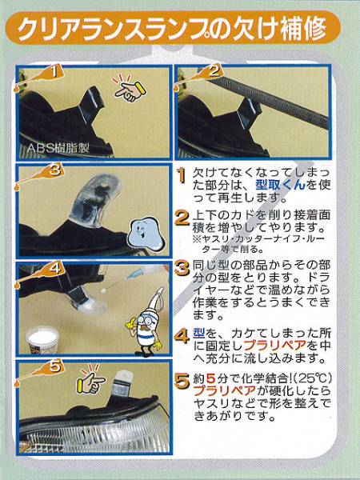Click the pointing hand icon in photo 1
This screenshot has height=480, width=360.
coord(129,89)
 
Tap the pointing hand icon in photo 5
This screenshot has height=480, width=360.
coord(91,379)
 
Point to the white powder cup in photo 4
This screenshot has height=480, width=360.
coord(42,339)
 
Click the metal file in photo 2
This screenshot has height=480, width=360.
coord(266,98)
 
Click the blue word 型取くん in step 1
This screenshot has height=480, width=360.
coord(280,185)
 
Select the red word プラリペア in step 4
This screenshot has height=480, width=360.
coord(275,346)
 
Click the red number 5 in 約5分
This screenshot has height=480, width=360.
coord(210,379)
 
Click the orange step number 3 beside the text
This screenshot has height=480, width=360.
coord(182,269)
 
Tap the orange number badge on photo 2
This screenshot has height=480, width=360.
coord(213,72)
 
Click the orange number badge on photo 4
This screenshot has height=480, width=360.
coord(54,269)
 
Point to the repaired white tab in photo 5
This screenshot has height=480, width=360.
coord(122,383)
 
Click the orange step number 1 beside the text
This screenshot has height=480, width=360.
coord(182,176)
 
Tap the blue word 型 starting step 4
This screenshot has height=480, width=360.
coord(199,333)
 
